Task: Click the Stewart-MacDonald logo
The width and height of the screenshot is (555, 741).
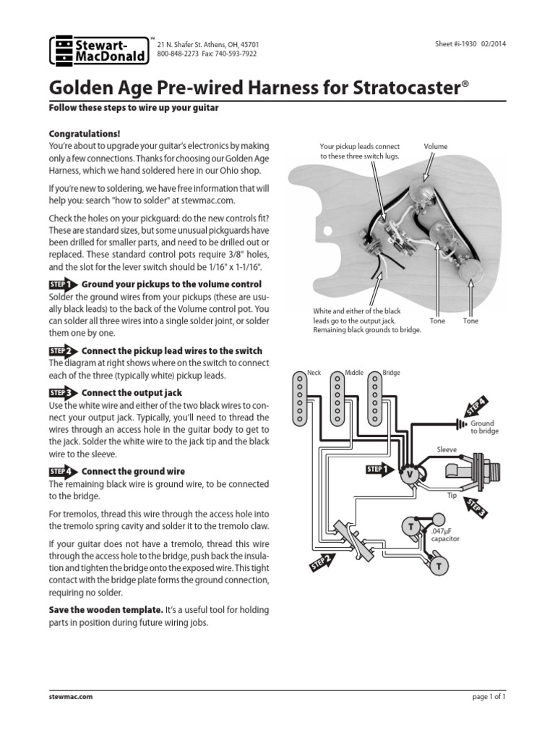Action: [98, 50]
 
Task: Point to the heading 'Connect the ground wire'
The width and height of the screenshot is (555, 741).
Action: [127, 471]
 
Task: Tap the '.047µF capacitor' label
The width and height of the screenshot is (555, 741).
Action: [446, 535]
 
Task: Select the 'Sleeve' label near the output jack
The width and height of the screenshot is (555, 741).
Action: [447, 449]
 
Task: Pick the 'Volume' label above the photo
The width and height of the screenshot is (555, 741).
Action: [435, 146]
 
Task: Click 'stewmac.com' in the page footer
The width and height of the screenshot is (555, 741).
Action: [70, 695]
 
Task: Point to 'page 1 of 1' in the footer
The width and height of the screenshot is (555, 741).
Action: [487, 695]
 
